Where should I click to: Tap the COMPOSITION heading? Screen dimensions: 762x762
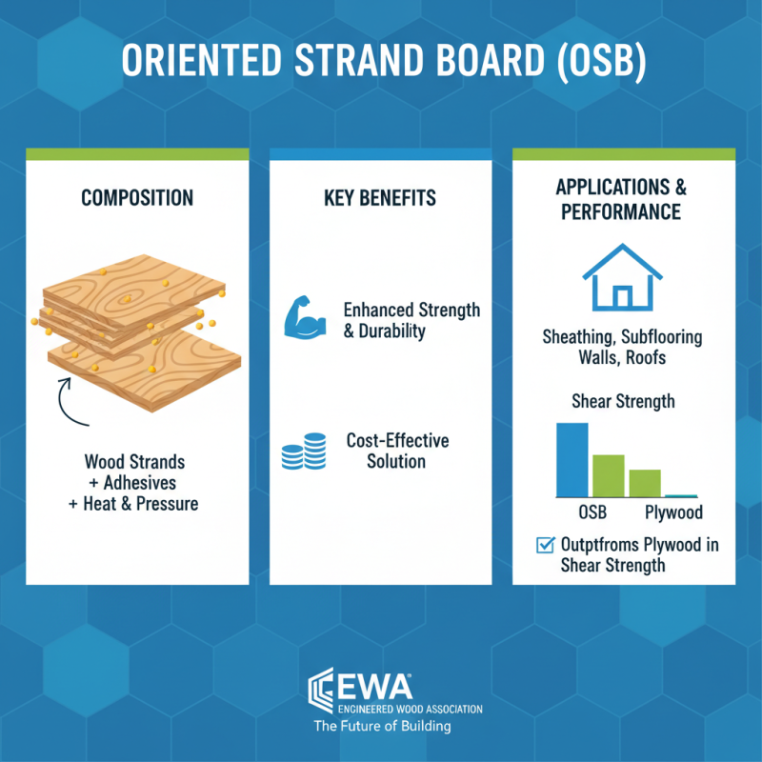[x=137, y=198]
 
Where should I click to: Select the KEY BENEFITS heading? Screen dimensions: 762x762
[x=381, y=198]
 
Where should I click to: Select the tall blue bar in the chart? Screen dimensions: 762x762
[x=572, y=459]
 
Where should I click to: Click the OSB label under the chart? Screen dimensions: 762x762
[x=592, y=512]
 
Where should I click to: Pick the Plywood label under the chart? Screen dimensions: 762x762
[x=673, y=512]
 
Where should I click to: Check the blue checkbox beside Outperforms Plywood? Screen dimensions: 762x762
[x=546, y=546]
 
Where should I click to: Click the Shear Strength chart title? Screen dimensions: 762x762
[x=623, y=401]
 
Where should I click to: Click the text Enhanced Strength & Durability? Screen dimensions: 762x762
[x=411, y=320]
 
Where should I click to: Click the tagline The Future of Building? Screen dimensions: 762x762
[x=383, y=726]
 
